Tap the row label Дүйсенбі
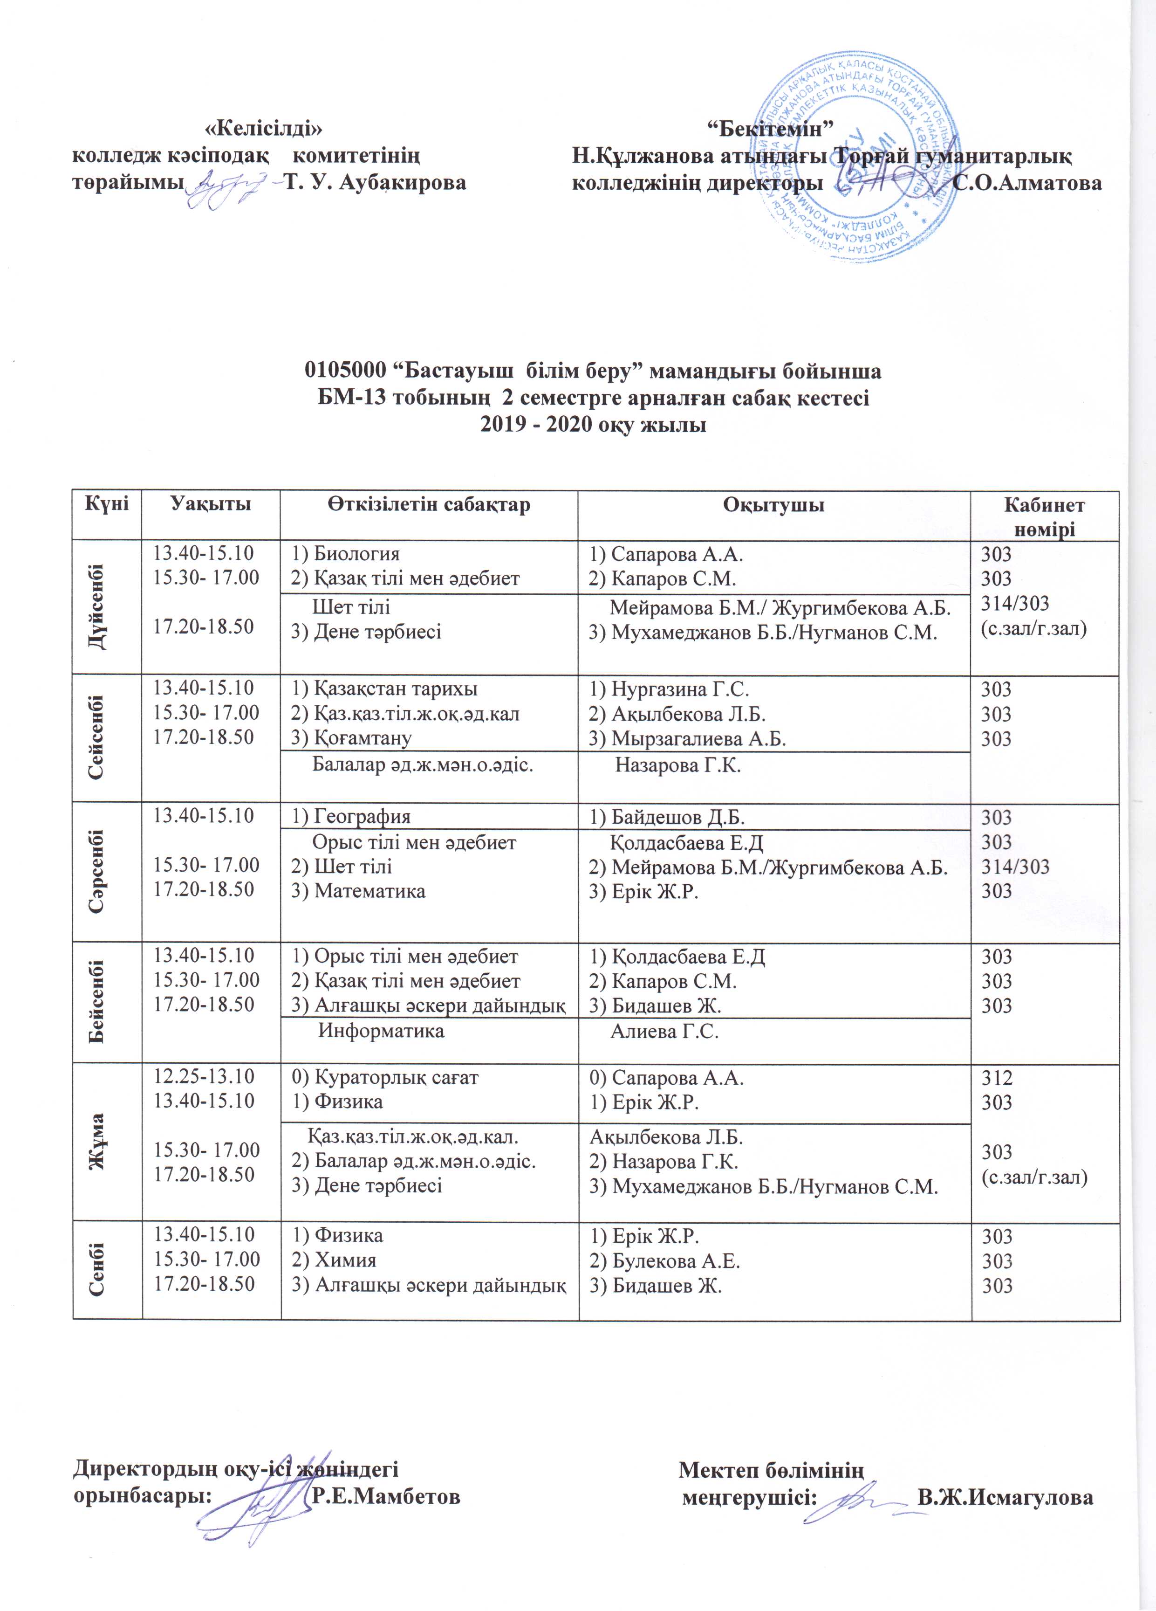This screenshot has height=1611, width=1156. pos(107,608)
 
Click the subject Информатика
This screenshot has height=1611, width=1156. pos(381,1031)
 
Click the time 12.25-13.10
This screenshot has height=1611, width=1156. pos(204,1077)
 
